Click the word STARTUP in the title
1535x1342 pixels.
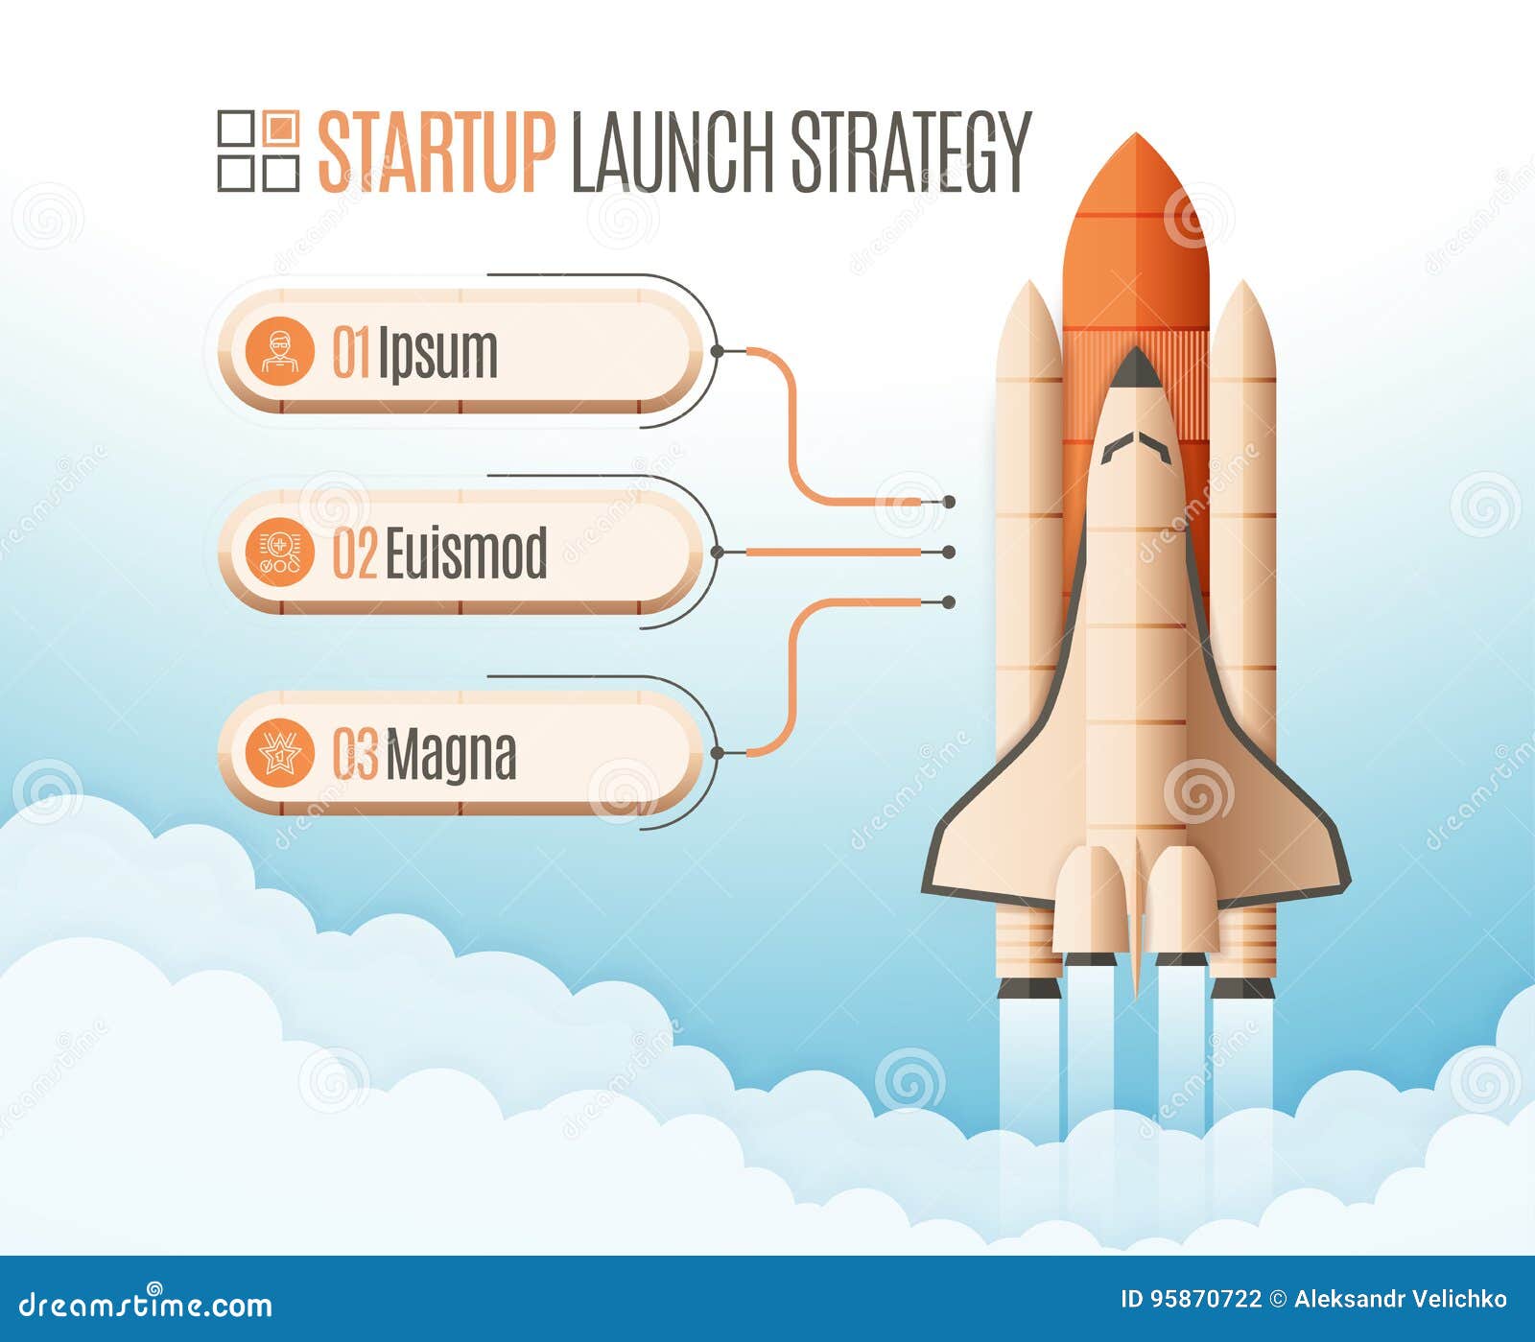click(436, 153)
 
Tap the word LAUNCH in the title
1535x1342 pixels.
click(672, 153)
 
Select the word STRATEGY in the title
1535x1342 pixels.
click(909, 153)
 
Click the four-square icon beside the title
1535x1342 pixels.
click(258, 151)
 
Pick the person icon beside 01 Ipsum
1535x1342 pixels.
click(279, 352)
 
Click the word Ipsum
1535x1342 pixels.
click(437, 354)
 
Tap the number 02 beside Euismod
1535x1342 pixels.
click(354, 553)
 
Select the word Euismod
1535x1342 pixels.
click(465, 553)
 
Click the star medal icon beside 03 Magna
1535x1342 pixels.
click(279, 754)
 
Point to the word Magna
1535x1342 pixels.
click(451, 756)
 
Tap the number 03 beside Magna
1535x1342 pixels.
click(355, 754)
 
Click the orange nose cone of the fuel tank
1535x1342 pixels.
click(1136, 173)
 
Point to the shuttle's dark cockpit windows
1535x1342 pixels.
click(1136, 447)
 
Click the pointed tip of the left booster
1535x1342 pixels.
click(1029, 293)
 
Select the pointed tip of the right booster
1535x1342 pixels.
click(1242, 293)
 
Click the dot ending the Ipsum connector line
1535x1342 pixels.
click(949, 502)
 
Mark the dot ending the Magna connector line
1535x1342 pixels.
click(949, 602)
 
